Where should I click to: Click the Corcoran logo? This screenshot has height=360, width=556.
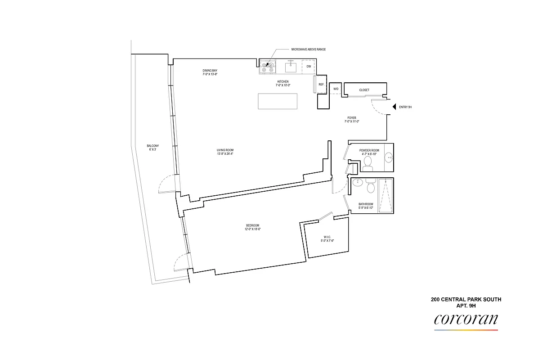tap(466, 320)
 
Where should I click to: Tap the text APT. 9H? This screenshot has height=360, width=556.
tap(466, 306)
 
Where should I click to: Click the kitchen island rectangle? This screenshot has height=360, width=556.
tap(278, 101)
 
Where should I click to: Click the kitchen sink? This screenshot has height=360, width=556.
tap(291, 67)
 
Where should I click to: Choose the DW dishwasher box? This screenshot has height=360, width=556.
tap(309, 67)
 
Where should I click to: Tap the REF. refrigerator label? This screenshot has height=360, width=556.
tap(321, 85)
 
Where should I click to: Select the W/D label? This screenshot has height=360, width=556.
tap(336, 89)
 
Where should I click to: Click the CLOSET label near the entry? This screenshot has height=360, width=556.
tap(364, 90)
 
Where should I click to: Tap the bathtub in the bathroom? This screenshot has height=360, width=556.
tap(386, 196)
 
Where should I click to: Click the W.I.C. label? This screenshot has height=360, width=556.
tap(327, 238)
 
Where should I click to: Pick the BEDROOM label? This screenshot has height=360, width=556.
tap(252, 225)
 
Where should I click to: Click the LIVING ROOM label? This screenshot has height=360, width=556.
tap(225, 150)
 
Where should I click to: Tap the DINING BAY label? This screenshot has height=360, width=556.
tap(210, 71)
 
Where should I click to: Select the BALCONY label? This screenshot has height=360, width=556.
tap(152, 146)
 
